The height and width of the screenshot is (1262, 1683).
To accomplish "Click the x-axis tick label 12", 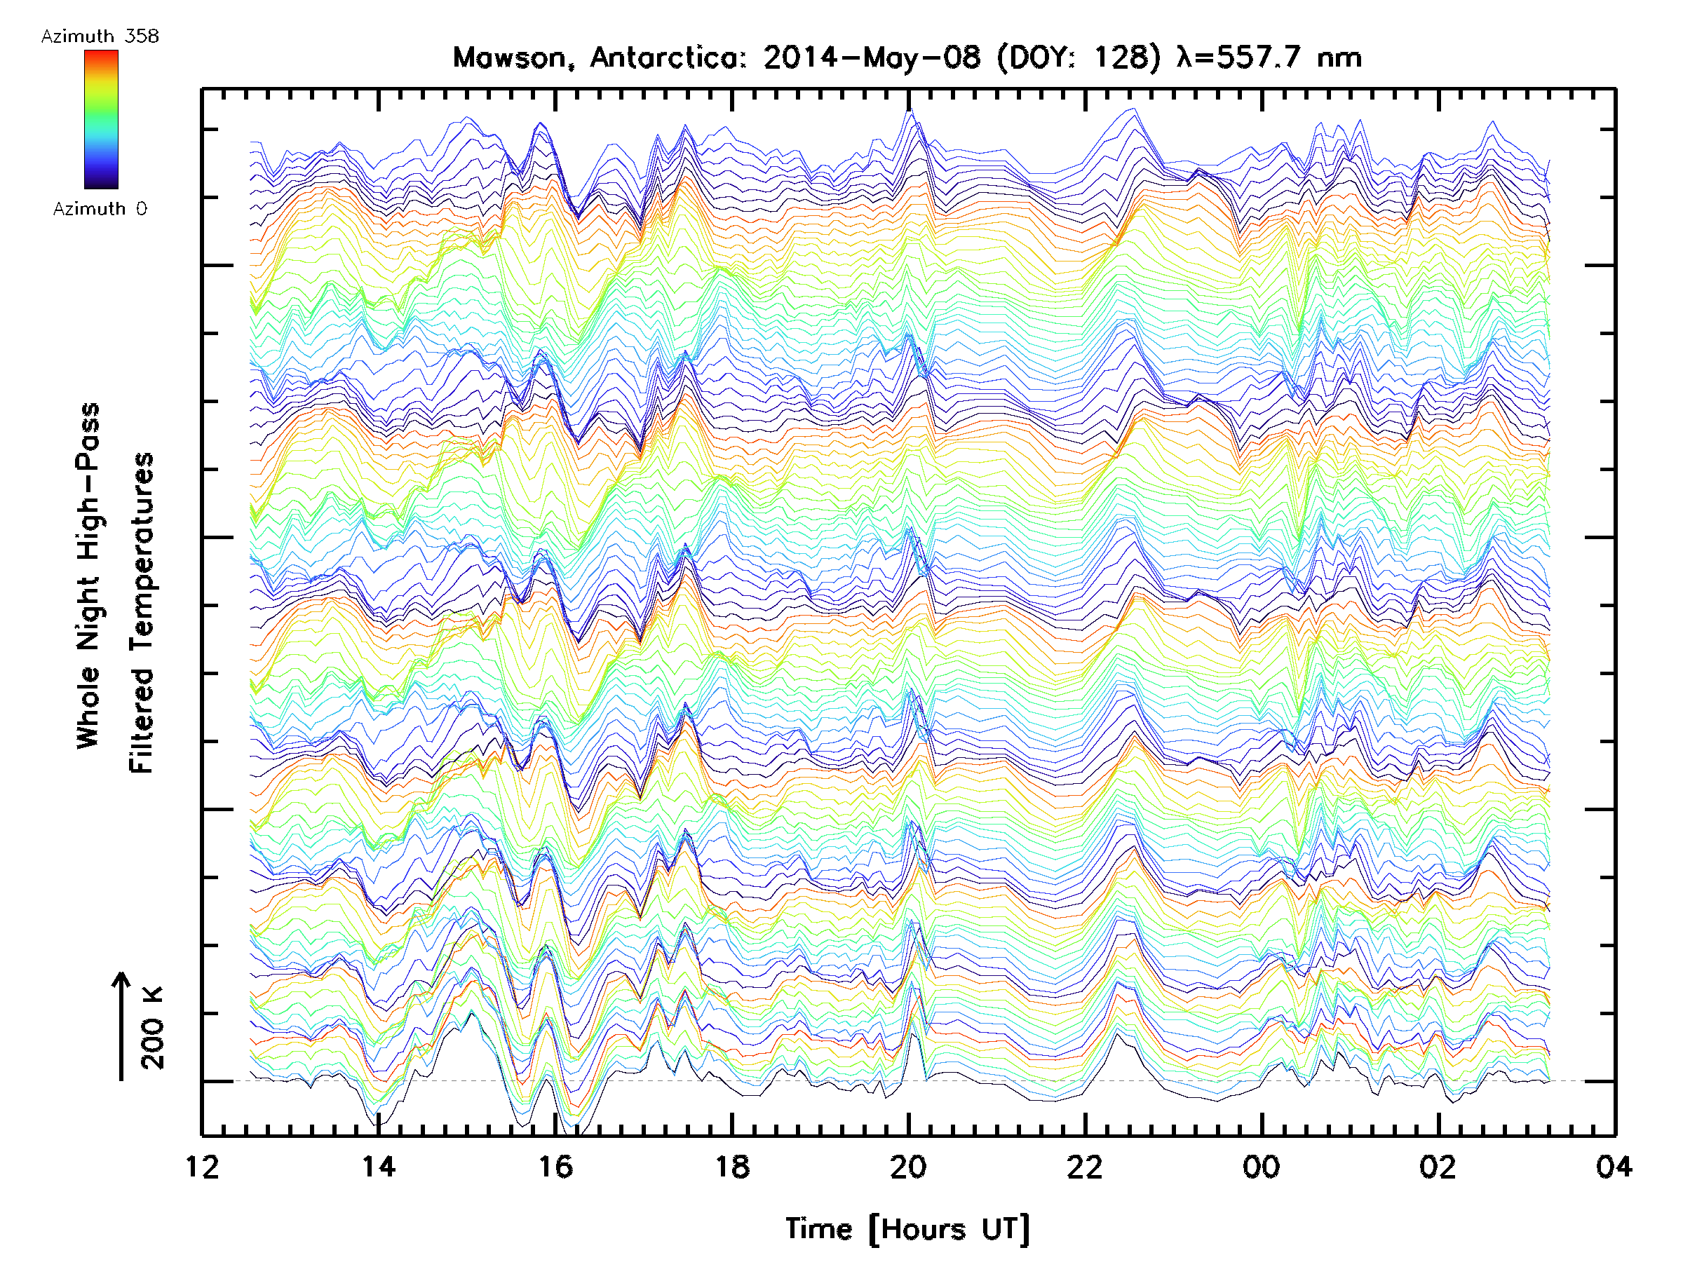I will [x=202, y=1166].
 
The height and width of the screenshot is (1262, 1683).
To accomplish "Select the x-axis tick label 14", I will [x=378, y=1166].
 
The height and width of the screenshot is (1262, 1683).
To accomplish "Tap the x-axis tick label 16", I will [x=555, y=1166].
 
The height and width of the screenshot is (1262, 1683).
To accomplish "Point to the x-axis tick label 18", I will [x=732, y=1166].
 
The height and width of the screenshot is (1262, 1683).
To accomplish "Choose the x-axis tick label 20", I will [x=908, y=1166].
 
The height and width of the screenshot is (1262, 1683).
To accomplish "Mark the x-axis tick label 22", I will [x=1085, y=1166].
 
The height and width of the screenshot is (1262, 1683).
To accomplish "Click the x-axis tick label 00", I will [x=1262, y=1166].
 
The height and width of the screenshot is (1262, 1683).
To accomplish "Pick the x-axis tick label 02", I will [x=1438, y=1166].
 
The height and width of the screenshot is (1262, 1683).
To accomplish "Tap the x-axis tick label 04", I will [x=1614, y=1166].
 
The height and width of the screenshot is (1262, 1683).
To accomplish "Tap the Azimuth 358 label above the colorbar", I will [x=100, y=36].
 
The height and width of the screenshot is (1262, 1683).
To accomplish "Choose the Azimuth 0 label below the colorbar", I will [x=100, y=208].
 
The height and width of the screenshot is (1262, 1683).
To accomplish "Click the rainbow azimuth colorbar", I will [x=101, y=119].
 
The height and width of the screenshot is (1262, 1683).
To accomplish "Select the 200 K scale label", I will [x=153, y=1028].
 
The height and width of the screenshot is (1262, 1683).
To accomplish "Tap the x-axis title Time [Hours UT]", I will [x=907, y=1229].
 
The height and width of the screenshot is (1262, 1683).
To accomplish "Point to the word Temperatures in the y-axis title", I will [x=142, y=612].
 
